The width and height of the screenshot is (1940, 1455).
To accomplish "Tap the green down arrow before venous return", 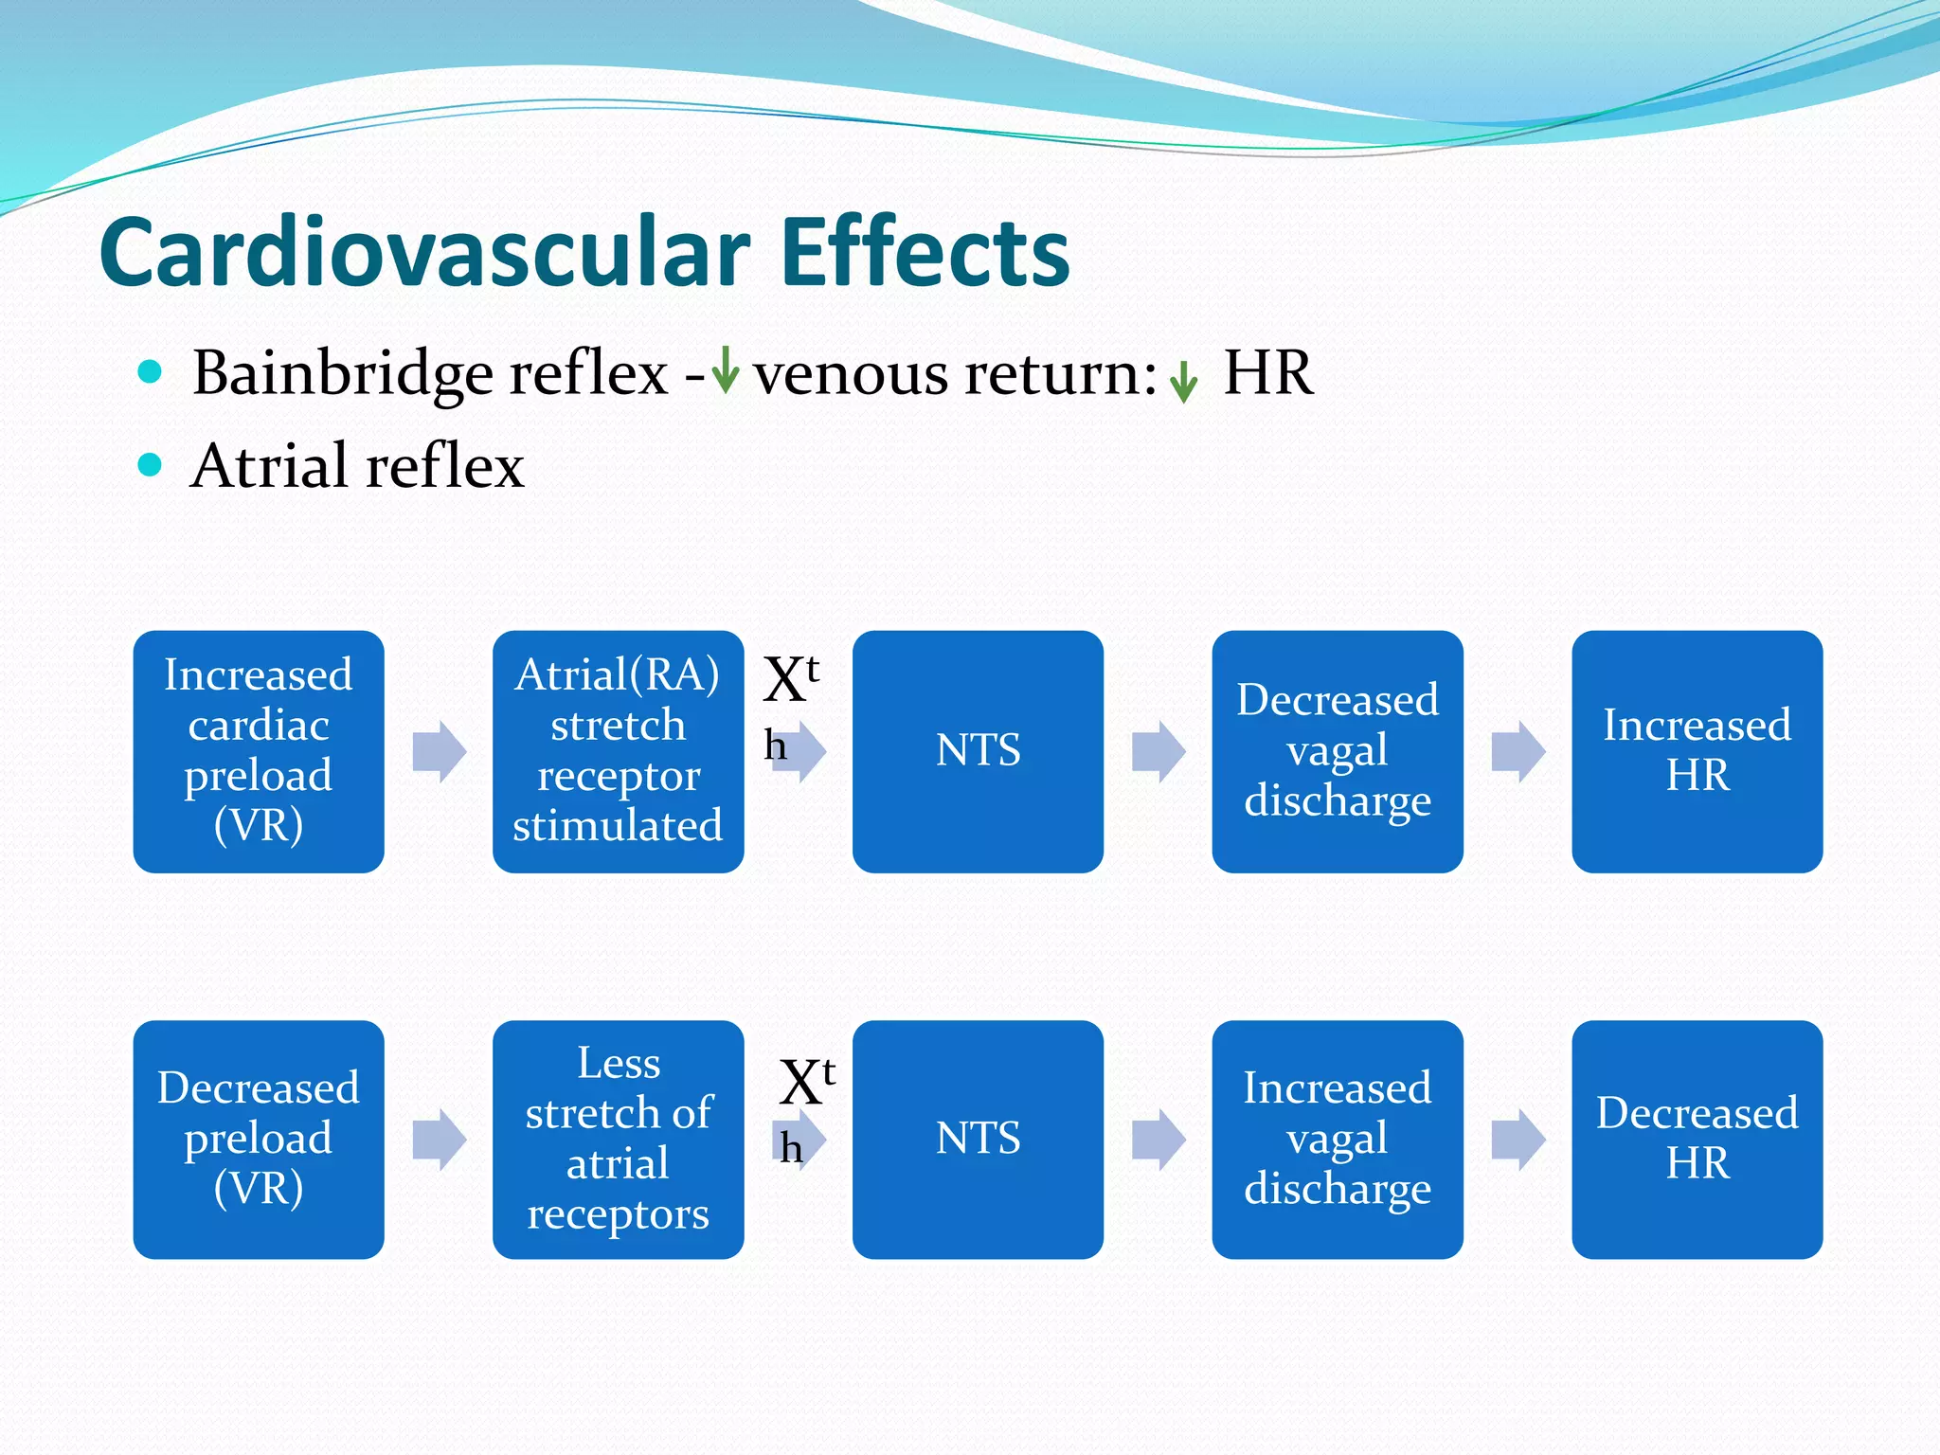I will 725,370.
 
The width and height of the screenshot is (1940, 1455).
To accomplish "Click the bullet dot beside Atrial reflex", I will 150,464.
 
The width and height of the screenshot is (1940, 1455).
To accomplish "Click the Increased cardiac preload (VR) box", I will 259,751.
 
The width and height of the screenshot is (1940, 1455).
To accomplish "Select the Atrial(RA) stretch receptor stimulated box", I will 618,751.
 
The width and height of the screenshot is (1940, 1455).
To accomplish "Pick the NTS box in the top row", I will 978,751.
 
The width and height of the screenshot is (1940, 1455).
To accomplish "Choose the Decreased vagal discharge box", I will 1337,751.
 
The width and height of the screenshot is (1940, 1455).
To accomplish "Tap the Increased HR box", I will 1697,751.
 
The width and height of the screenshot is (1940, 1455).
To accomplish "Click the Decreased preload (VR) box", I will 259,1139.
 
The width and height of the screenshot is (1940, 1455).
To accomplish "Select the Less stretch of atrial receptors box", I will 618,1139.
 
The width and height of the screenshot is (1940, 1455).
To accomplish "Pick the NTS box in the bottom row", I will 978,1139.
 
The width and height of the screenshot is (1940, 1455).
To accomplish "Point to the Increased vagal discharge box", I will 1337,1139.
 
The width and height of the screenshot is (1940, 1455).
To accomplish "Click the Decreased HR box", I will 1697,1139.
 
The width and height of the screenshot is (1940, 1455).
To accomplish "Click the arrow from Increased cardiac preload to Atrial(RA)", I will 440,752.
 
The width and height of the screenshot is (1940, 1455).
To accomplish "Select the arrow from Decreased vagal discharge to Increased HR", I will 1518,752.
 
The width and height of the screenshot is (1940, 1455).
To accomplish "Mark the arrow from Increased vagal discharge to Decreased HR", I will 1518,1140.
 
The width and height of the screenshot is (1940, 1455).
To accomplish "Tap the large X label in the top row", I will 784,680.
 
